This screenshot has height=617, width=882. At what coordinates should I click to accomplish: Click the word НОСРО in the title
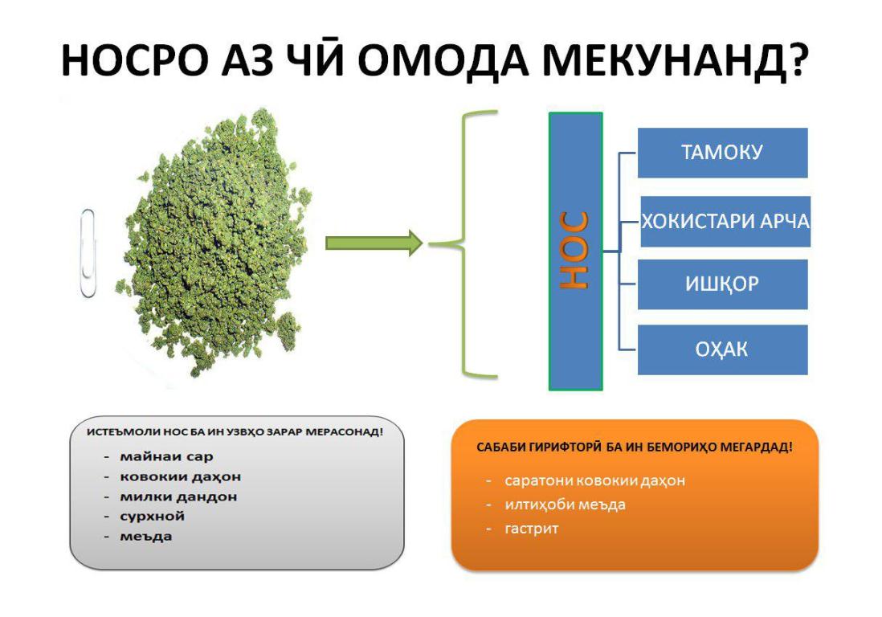click(x=134, y=59)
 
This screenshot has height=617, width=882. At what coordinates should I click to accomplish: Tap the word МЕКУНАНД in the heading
click(x=664, y=59)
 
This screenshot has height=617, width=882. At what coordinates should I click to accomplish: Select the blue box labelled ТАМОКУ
click(x=722, y=153)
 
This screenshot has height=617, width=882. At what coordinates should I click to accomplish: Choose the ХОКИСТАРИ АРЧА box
click(x=725, y=221)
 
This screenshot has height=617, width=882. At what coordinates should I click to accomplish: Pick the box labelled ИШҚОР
click(x=722, y=284)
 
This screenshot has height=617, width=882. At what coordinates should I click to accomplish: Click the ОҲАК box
click(x=722, y=349)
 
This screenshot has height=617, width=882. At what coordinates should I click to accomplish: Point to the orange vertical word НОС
click(x=574, y=251)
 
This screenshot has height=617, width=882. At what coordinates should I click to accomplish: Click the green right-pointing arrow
click(x=374, y=243)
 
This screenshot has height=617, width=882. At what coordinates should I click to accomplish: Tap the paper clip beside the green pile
click(x=88, y=253)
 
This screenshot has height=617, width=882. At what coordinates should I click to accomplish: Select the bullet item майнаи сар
click(x=166, y=456)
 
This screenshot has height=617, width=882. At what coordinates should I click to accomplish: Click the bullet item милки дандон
click(x=178, y=496)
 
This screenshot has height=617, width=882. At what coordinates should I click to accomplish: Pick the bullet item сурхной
click(x=152, y=517)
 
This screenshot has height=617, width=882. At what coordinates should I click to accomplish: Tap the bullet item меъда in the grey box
click(x=145, y=537)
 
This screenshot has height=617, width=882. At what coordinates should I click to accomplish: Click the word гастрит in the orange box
click(x=532, y=529)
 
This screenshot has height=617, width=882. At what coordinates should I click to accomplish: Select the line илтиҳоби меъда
click(x=565, y=505)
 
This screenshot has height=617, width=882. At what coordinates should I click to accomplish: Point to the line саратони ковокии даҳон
click(x=594, y=481)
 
